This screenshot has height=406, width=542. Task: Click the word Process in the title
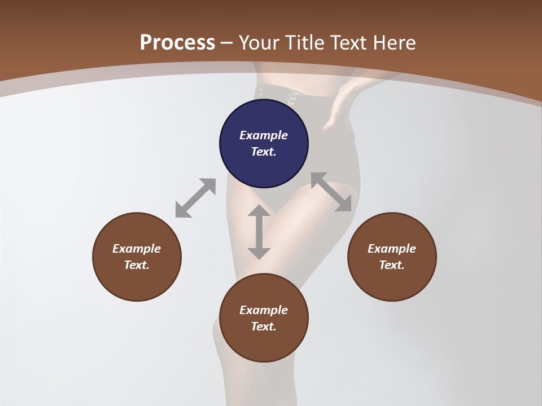click(x=177, y=43)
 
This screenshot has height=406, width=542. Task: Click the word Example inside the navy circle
click(x=264, y=135)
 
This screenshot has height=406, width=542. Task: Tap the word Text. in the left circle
click(x=137, y=265)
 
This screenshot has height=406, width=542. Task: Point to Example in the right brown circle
click(x=392, y=249)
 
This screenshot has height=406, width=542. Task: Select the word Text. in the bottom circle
click(x=264, y=326)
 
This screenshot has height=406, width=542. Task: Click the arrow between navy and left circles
click(x=195, y=198)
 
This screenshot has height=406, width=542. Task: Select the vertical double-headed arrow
click(x=259, y=232)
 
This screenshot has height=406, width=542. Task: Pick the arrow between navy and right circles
click(x=331, y=192)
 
